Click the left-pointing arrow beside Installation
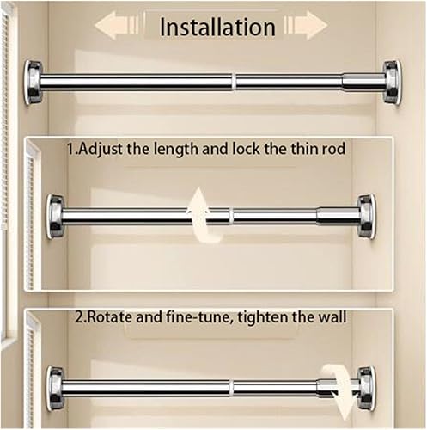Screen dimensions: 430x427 pos(119,25)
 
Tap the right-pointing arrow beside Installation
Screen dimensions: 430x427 pos(305,25)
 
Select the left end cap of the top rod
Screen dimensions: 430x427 pos(34,82)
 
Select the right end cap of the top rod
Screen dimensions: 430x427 pos(392,82)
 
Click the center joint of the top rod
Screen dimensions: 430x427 pos(233,82)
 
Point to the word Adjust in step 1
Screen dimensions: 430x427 pos(106,149)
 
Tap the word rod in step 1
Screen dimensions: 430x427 pos(332,149)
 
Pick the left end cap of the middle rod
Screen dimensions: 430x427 pos(55,216)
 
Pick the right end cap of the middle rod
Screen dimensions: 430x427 pos(367,216)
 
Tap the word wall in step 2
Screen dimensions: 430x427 pos(332,317)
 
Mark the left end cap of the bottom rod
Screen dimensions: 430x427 pos(55,388)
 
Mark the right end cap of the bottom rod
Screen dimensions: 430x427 pos(367,388)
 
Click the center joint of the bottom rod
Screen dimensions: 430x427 pos(231,388)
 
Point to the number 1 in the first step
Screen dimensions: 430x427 pos(70,149)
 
